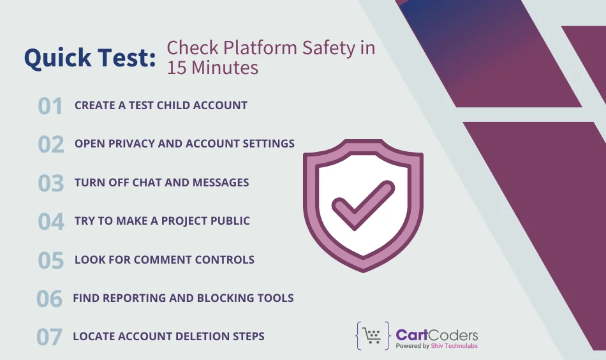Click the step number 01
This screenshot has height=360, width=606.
50,106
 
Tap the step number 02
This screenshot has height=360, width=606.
51,144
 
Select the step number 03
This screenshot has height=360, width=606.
51,183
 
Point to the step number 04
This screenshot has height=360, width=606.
51,221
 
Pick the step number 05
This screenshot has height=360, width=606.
51,260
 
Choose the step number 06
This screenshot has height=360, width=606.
49,298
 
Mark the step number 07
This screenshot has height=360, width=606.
49,336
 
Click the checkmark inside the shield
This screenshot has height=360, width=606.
363,204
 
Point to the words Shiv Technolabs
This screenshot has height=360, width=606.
454,346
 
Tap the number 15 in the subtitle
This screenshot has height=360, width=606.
177,68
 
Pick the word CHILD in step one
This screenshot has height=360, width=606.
166,105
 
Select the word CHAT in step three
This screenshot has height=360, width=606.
147,183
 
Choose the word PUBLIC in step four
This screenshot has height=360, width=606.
226,221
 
